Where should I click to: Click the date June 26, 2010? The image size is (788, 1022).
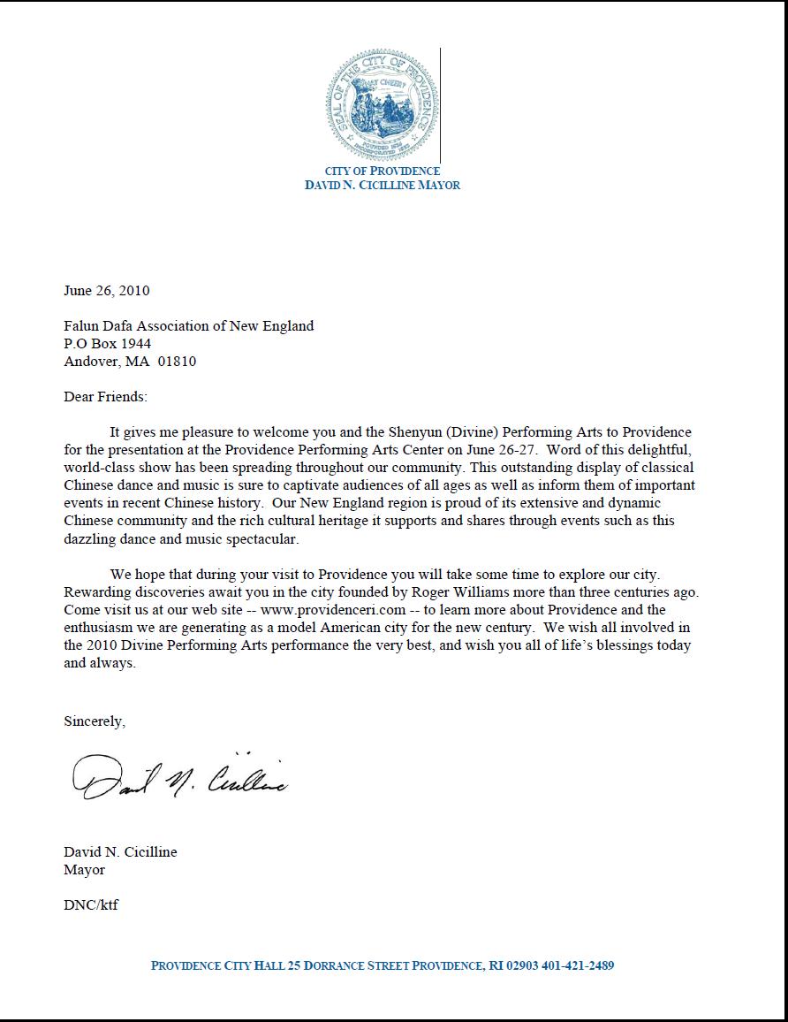[107, 290]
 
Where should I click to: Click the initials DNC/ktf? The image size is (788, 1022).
[91, 904]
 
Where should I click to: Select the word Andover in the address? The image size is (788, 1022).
[89, 361]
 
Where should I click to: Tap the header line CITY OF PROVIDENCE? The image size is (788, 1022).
[382, 171]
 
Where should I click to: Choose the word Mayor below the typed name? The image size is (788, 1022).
[84, 869]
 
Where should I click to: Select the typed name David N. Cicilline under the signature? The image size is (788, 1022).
[120, 852]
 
